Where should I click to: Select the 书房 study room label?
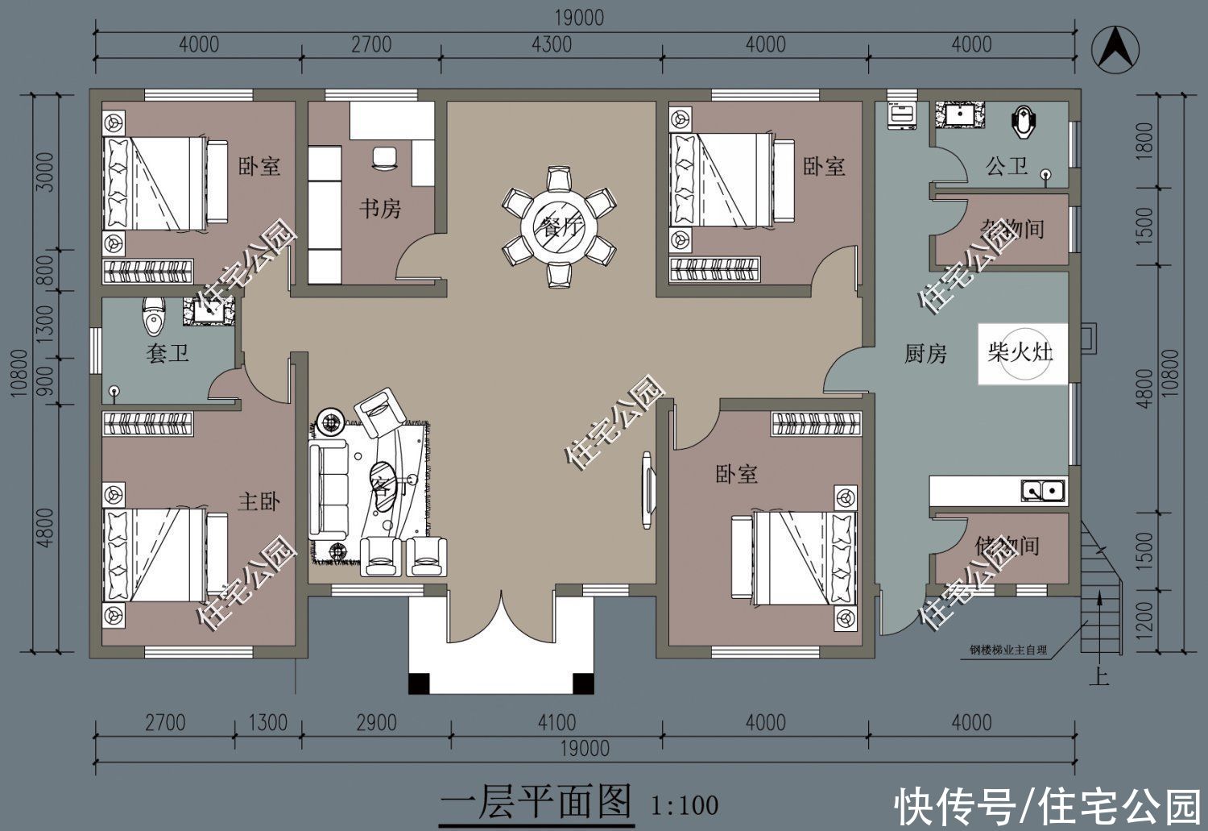click(379, 209)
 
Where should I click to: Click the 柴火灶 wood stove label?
click(1020, 352)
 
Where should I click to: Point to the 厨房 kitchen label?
click(925, 353)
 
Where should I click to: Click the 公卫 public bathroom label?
click(1007, 166)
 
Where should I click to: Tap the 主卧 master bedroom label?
click(259, 501)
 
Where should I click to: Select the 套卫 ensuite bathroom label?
click(168, 353)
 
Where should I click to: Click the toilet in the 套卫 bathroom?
click(152, 317)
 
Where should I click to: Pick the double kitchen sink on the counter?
click(1043, 489)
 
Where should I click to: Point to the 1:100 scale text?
click(685, 804)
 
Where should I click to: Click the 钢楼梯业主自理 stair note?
click(1009, 650)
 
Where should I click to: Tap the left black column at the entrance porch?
click(419, 683)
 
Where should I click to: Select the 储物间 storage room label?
click(1007, 546)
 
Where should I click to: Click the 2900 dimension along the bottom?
click(376, 722)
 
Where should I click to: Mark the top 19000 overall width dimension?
click(579, 18)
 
